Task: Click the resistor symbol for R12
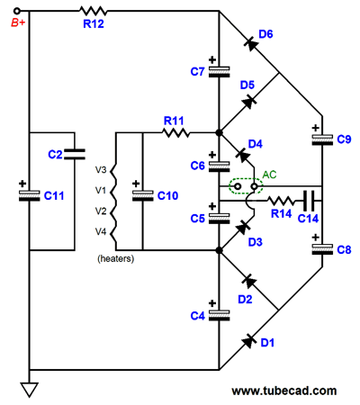tap(93, 11)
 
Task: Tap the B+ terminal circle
tap(17, 11)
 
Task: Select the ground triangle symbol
tap(30, 390)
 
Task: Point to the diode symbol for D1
tap(249, 340)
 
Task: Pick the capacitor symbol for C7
tap(220, 72)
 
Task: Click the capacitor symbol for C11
tap(30, 195)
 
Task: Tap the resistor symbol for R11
tap(175, 132)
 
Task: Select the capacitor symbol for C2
tap(75, 154)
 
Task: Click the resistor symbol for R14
tap(281, 201)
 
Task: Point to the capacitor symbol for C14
tap(309, 201)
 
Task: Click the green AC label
tap(269, 175)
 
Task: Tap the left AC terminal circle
tap(238, 186)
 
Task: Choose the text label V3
tap(101, 170)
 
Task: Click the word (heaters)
tap(116, 258)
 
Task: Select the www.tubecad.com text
tap(284, 391)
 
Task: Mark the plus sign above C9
tap(315, 128)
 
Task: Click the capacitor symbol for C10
tap(143, 195)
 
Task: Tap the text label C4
tap(197, 316)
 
